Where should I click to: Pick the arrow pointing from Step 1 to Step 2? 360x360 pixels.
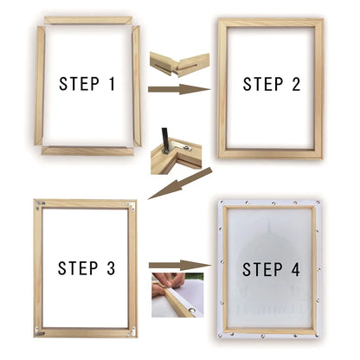click(x=180, y=88)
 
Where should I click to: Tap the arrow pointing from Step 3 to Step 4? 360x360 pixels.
click(x=180, y=266)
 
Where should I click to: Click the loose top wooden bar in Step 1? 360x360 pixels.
click(x=87, y=20)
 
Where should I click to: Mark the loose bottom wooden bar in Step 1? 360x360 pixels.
click(x=87, y=151)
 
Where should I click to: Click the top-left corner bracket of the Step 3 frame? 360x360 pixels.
click(x=40, y=205)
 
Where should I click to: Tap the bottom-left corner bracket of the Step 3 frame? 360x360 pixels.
click(x=40, y=333)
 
